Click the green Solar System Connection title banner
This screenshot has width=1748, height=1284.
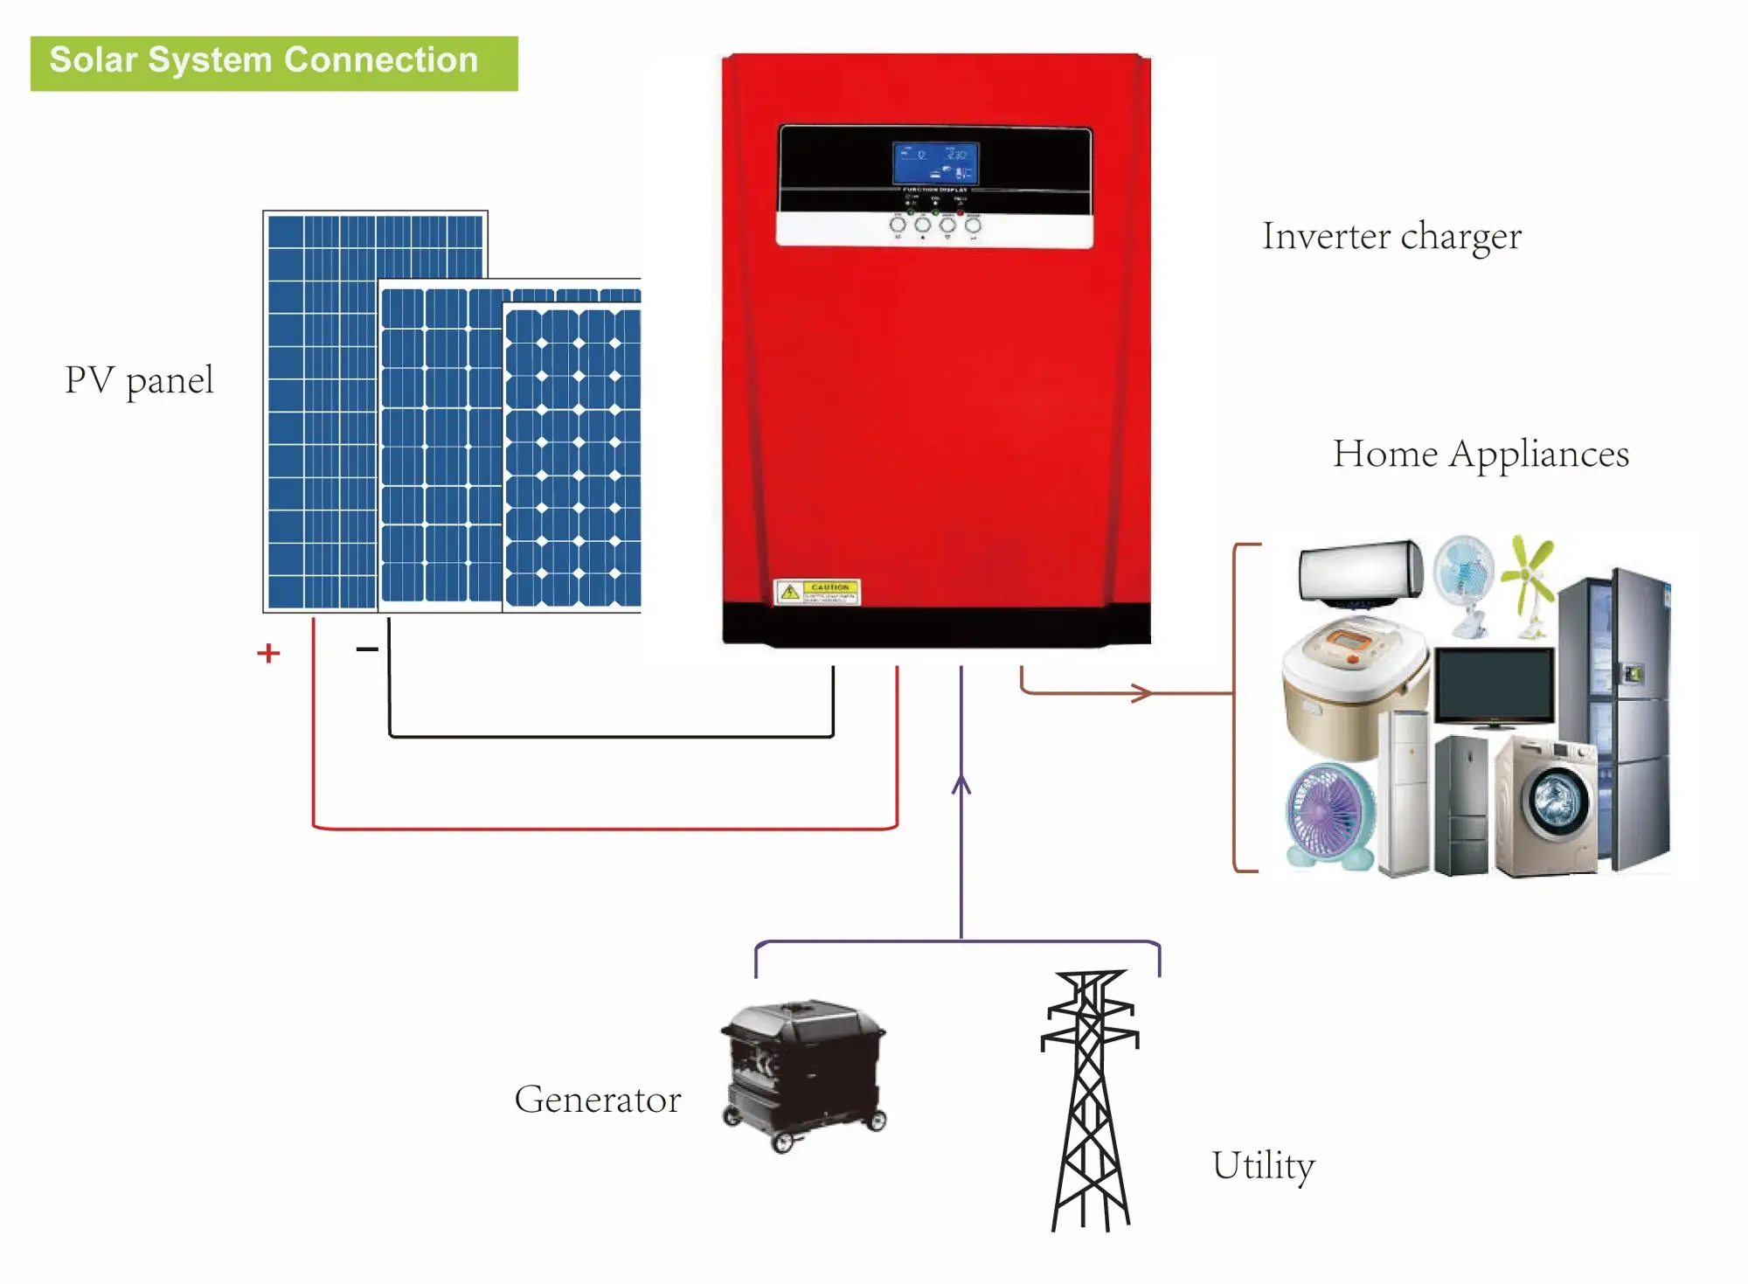274,63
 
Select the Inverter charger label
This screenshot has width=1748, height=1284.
1391,237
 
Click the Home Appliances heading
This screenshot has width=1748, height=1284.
1481,455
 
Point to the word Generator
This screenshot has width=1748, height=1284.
597,1100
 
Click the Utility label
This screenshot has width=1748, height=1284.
1263,1166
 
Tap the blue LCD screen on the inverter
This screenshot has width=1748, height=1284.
935,163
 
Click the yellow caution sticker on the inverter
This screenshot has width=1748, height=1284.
817,592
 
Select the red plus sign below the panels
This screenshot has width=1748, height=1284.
268,653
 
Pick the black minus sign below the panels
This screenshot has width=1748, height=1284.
367,649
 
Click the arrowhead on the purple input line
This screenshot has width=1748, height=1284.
961,784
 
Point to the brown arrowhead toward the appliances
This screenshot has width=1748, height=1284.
1142,693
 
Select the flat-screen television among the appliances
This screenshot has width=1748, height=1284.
1495,686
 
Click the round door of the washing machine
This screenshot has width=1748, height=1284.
1555,800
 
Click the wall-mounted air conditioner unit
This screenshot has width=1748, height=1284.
1360,571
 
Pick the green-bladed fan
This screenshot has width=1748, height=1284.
1529,577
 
